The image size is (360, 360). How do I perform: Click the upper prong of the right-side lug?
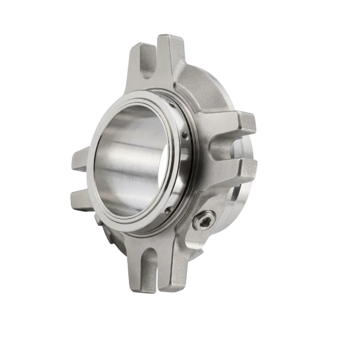pyautogui.click(x=247, y=123)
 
